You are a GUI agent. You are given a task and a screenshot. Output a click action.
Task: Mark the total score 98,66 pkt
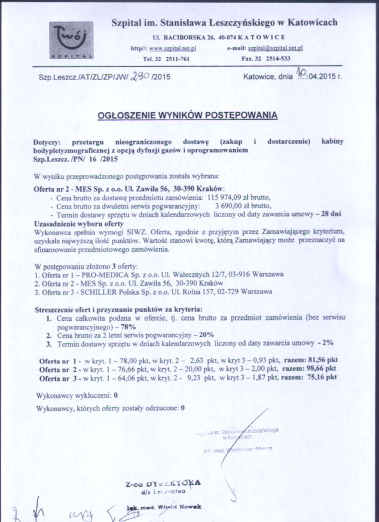coord(322,370)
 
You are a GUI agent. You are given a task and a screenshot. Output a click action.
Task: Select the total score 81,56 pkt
coord(322,361)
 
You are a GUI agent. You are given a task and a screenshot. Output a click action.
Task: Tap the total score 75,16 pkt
coord(322,378)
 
